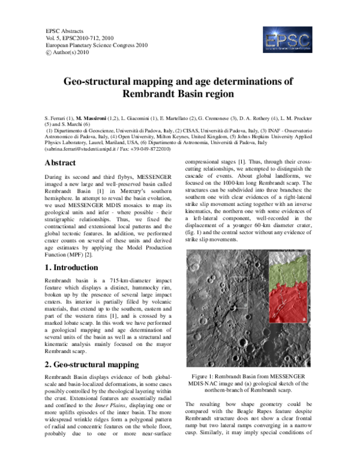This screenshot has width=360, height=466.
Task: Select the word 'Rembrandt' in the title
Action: [150, 94]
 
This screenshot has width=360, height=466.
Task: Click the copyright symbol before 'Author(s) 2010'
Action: [49, 53]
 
